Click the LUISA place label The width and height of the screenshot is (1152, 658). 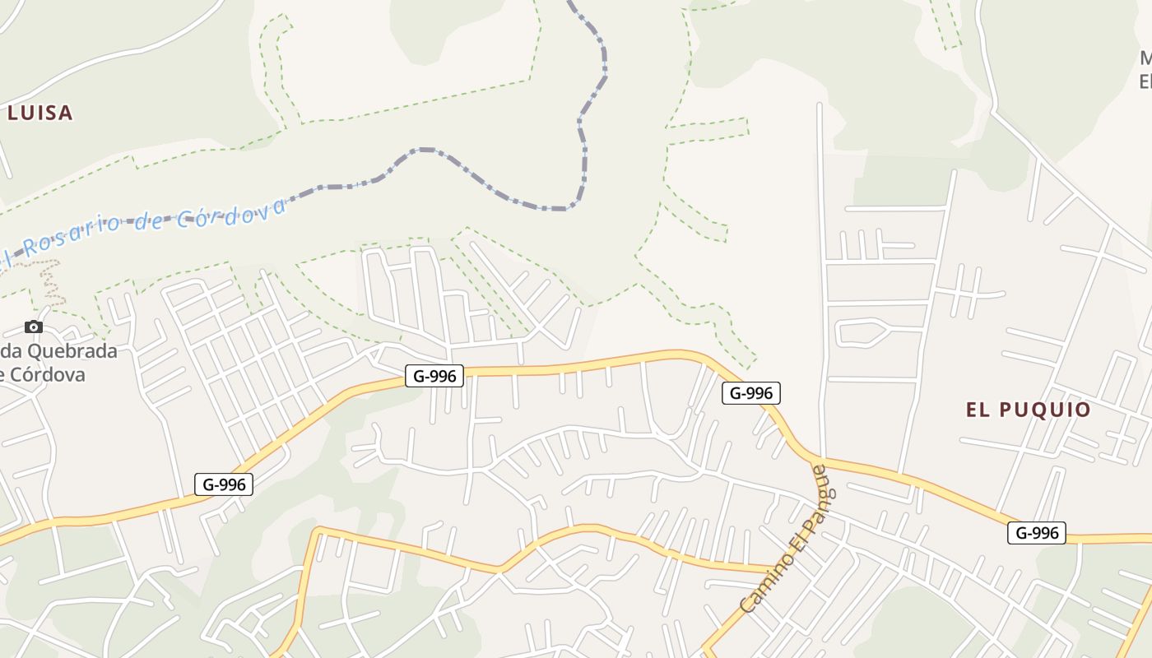click(39, 114)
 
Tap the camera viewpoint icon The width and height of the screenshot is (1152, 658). click(34, 327)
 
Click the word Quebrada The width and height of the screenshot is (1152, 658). click(72, 351)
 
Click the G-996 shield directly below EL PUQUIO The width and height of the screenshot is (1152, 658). click(1036, 533)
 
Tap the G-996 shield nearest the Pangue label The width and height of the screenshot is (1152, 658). click(750, 393)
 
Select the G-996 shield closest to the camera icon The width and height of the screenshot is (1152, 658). click(224, 484)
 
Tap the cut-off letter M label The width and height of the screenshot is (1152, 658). click(1145, 59)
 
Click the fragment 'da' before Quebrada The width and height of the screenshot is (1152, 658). click(8, 351)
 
